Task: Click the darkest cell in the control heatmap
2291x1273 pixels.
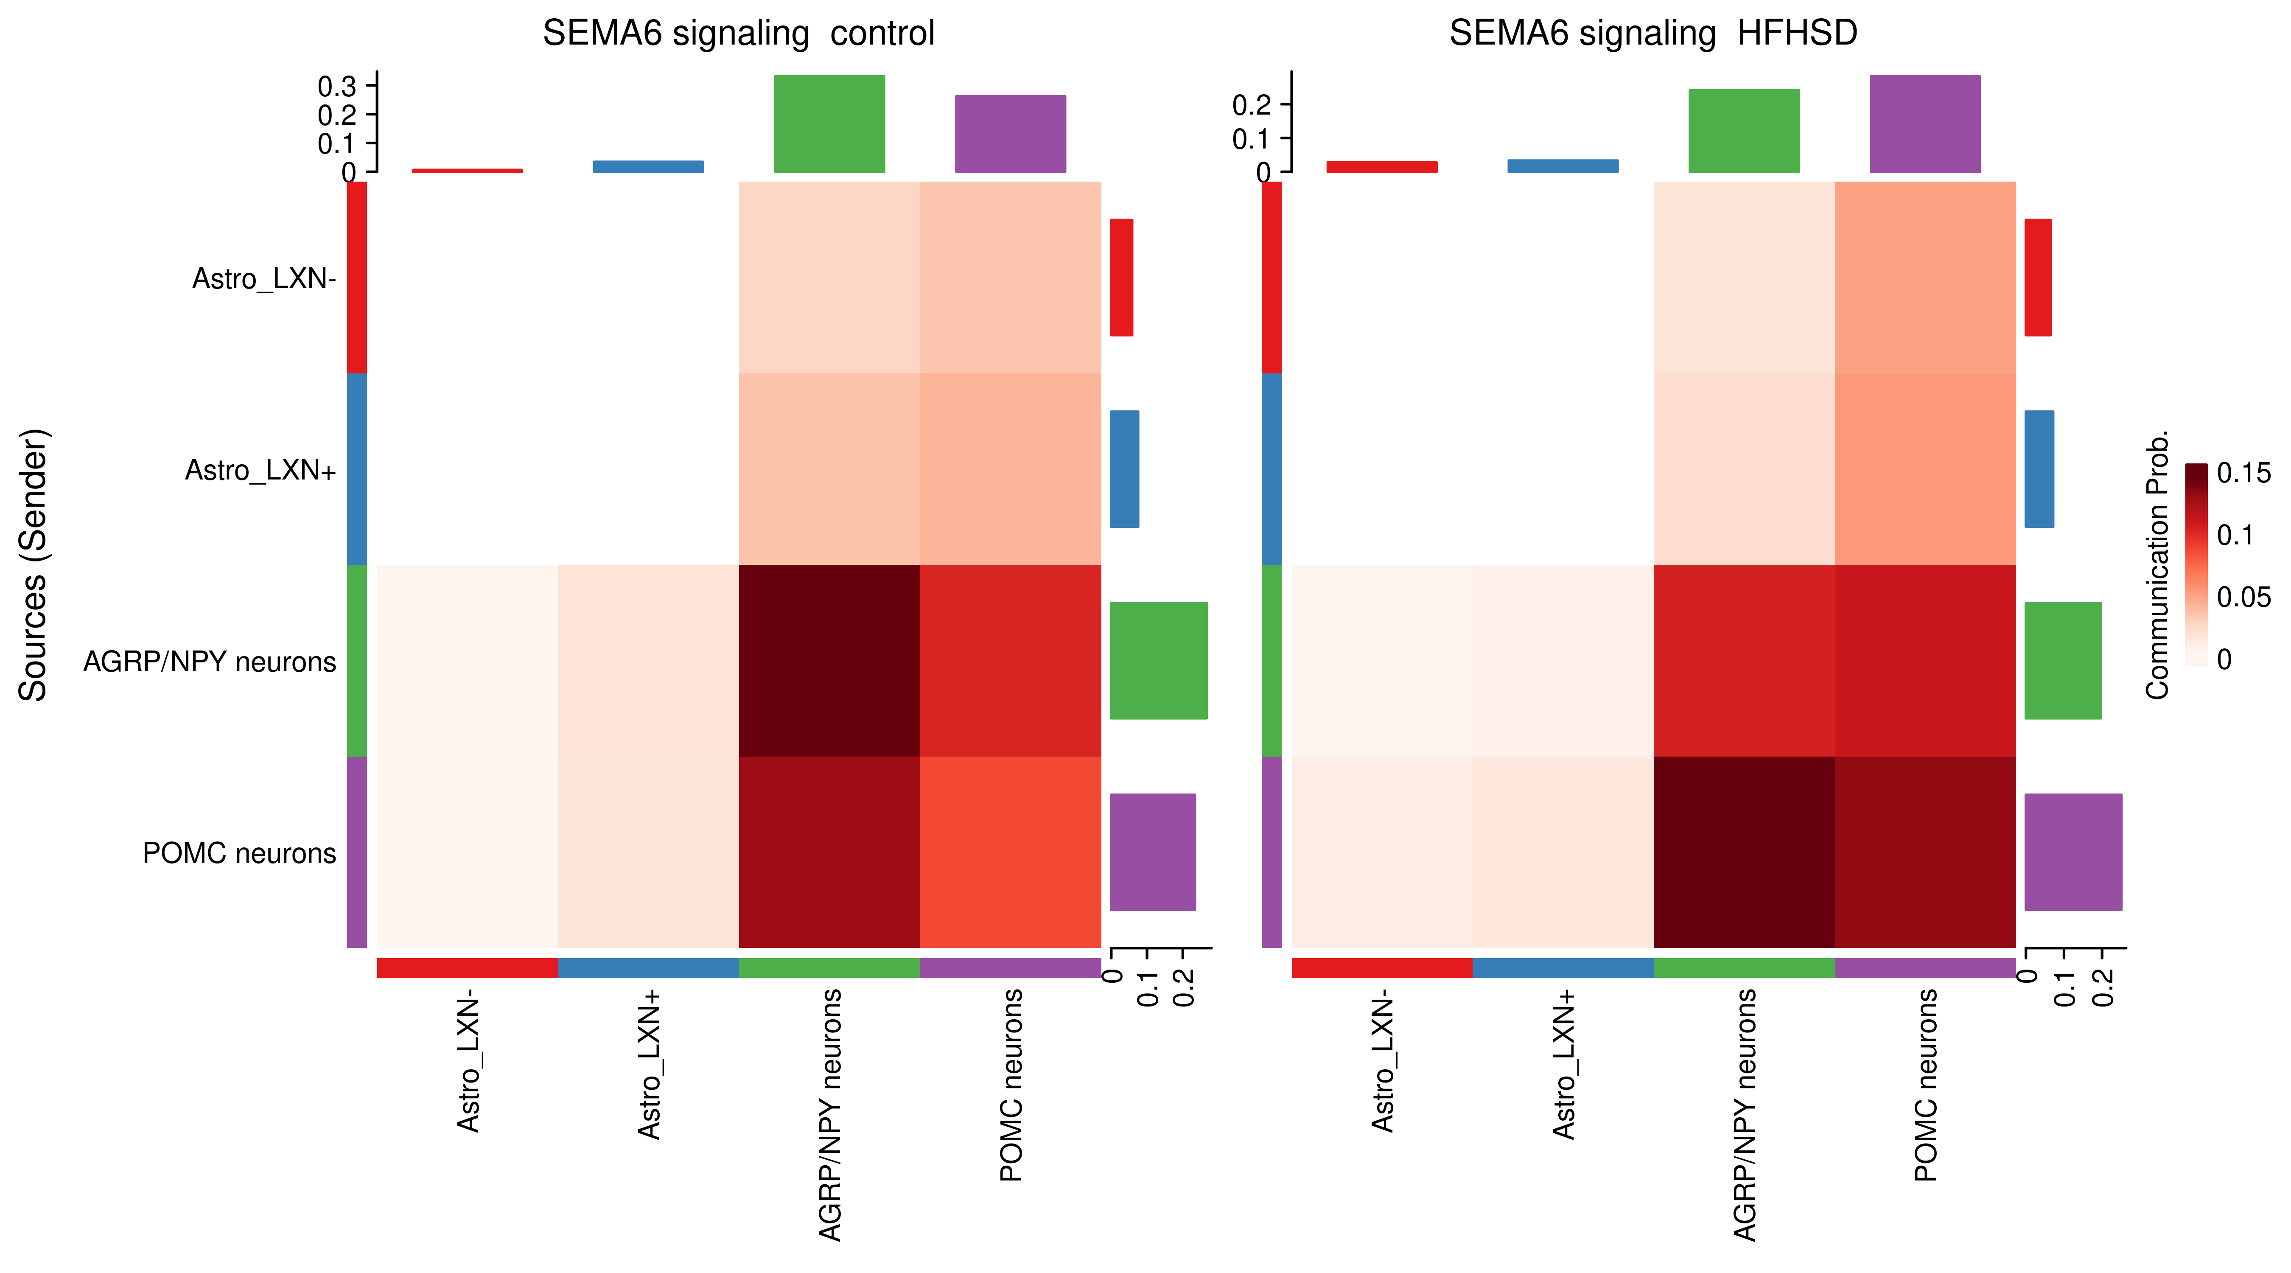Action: pos(829,660)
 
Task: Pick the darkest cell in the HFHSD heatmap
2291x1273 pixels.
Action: pos(1743,851)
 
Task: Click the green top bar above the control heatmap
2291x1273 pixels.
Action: pos(829,123)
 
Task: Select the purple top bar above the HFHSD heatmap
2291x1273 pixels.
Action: pos(1924,123)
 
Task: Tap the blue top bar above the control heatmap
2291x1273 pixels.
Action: pos(648,166)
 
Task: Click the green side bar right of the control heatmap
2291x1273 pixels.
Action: pos(1158,660)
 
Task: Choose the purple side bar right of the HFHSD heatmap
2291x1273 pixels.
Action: pos(2072,851)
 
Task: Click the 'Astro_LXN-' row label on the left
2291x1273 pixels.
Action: pos(264,278)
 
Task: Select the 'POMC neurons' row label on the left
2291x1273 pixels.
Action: pos(239,853)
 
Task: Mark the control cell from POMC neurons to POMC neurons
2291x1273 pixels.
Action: pos(1010,851)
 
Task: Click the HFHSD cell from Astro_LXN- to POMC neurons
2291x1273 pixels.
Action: pos(1924,278)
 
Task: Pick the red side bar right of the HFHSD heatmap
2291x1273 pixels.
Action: pos(2038,278)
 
